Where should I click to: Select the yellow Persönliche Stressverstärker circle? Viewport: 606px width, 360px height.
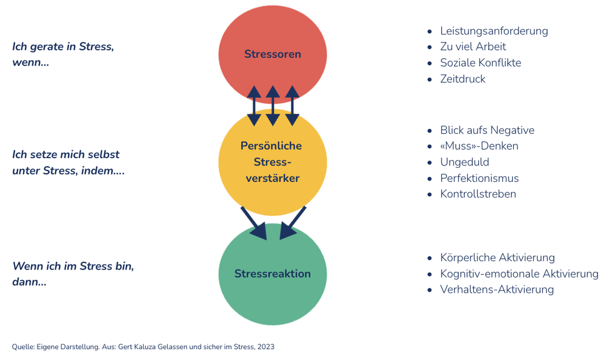coord(273,162)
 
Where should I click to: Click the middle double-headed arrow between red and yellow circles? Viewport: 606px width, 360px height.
coord(273,105)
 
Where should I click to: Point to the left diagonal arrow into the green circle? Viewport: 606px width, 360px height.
coord(254,223)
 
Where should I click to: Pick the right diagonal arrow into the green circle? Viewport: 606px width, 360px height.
coord(293,223)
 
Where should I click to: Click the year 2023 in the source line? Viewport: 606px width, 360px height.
coord(265,347)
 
